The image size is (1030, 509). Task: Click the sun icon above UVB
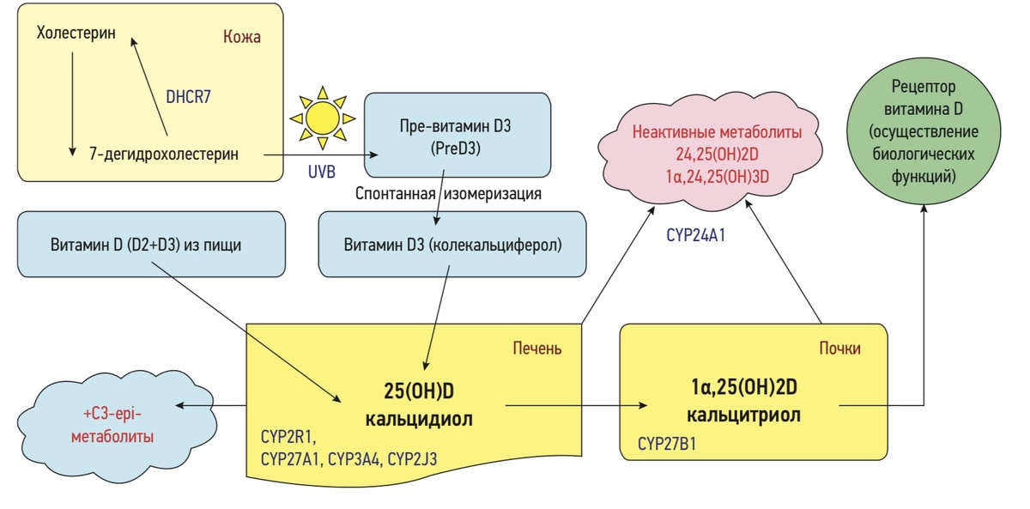[322, 118]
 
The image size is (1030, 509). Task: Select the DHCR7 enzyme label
[189, 97]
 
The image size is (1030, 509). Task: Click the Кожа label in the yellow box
[241, 38]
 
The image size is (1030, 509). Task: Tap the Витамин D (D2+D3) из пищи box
[152, 245]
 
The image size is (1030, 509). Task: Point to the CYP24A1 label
[696, 233]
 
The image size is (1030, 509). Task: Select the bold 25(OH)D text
[420, 391]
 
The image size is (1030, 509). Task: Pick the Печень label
[536, 348]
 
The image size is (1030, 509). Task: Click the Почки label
[839, 348]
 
